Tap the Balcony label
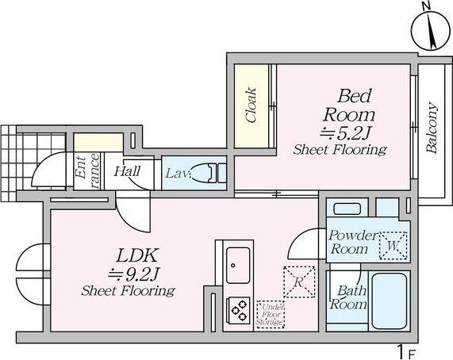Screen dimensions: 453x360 coord(432,128)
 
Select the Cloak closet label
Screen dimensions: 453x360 coord(251,105)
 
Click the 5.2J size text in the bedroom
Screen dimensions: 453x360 coord(345,133)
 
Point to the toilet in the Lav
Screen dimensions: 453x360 coord(207,173)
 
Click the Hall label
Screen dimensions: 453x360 coord(127,171)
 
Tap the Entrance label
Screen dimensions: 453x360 coord(86,171)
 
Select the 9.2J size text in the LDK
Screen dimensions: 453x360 coord(134,274)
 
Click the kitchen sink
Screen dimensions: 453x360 coord(238,266)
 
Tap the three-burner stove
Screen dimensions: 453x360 coord(238,311)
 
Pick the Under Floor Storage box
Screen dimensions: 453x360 coord(271,315)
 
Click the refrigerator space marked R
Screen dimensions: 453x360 coord(299,282)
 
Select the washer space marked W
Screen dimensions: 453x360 coord(393,246)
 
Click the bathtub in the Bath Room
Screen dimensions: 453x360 coord(390,301)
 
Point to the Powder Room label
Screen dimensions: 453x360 coord(352,242)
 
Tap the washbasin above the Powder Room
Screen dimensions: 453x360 coord(347,209)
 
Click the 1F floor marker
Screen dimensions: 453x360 coord(407,352)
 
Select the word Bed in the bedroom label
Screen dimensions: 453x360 coord(354,96)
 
